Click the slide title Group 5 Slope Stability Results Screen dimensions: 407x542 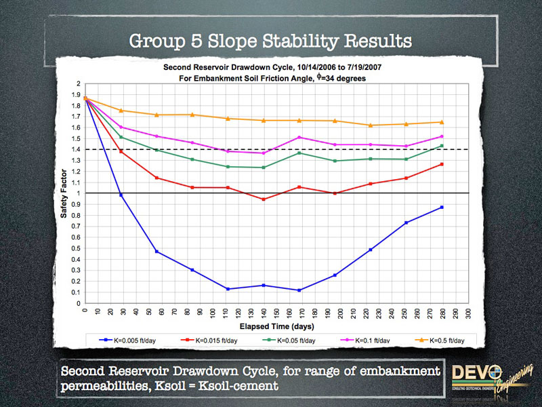pos(270,41)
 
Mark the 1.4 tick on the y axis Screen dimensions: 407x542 pos(79,149)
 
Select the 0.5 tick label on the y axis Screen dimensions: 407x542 pos(77,248)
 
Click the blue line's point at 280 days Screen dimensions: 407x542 pos(441,208)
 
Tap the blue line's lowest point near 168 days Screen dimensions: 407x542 pos(299,290)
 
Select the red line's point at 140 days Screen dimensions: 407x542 pos(264,199)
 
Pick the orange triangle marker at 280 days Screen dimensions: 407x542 pos(441,122)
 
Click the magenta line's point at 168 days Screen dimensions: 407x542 pos(299,138)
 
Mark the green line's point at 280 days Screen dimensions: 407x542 pos(441,146)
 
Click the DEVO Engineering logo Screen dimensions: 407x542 pos(487,377)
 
